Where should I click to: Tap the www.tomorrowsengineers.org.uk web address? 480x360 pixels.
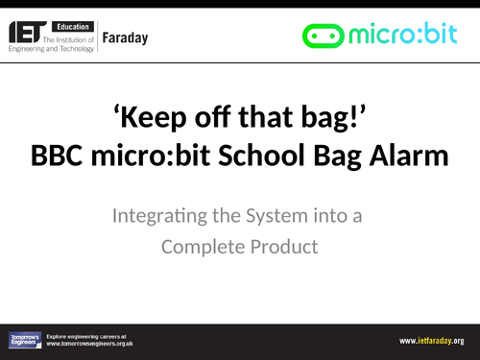click(x=89, y=344)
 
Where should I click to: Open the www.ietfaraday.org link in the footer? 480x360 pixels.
click(x=432, y=341)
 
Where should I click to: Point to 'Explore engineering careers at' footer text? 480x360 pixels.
click(x=87, y=336)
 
